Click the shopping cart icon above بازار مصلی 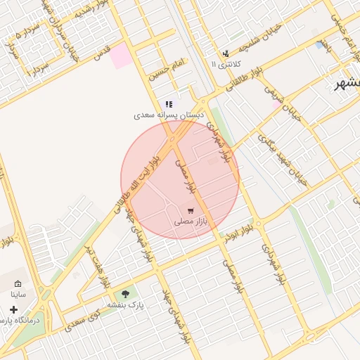[191, 210]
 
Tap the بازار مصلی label [191, 221]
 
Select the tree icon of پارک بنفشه [126, 294]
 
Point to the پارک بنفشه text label [126, 306]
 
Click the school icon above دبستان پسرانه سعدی [169, 104]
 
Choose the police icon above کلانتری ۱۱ [226, 53]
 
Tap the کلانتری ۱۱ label [226, 64]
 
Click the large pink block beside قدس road [121, 56]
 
